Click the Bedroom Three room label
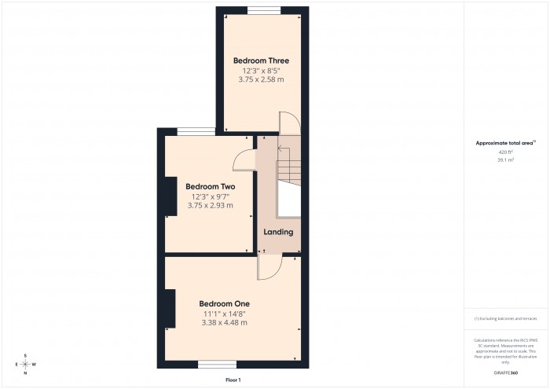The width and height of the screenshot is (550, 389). pos(261,61)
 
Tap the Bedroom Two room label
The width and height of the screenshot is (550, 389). pos(211,186)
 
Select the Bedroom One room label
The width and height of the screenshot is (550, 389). pos(224,303)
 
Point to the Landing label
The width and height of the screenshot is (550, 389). pos(278,232)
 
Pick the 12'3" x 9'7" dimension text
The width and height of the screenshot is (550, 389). pos(211,196)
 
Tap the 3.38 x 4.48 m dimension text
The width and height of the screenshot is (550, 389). pos(224,322)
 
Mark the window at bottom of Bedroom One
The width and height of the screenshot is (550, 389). pos(218,364)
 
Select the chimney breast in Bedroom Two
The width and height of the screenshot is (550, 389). pos(170,196)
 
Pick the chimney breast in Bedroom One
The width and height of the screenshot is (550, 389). pos(170,307)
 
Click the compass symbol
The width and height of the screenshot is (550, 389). pos(25,365)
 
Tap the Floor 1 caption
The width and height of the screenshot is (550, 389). pos(233,380)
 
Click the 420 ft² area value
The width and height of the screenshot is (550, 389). pos(505,152)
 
